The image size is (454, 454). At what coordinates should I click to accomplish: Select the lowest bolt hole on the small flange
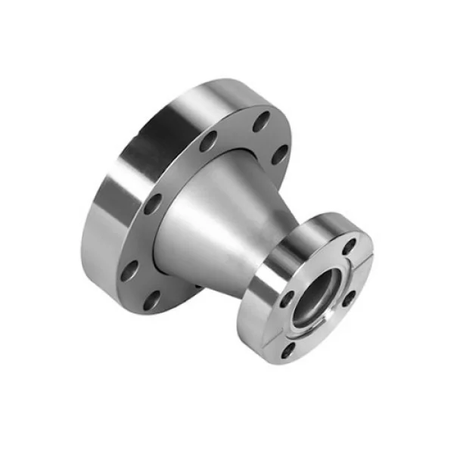288,349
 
